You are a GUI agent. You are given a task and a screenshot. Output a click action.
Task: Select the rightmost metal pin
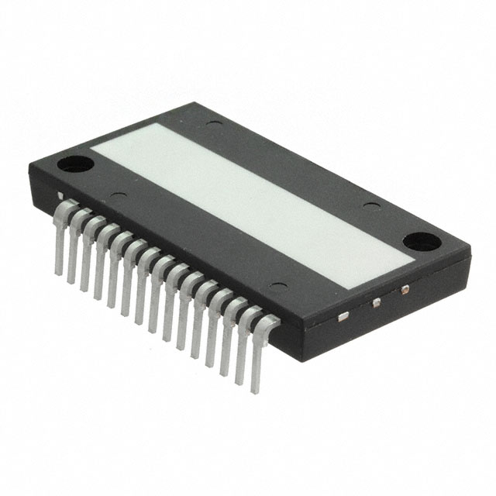256,356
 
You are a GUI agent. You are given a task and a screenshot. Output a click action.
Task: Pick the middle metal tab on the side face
375,302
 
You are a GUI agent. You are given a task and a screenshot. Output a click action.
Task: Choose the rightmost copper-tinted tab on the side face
404,291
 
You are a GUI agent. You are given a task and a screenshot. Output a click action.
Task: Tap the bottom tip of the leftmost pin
57,271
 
